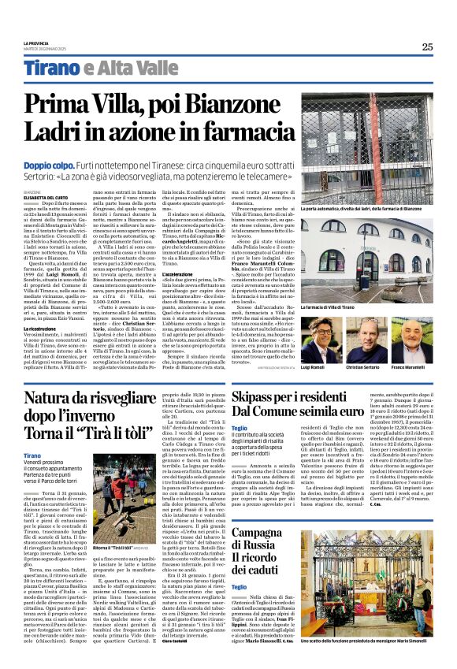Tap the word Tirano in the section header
(51, 69)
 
